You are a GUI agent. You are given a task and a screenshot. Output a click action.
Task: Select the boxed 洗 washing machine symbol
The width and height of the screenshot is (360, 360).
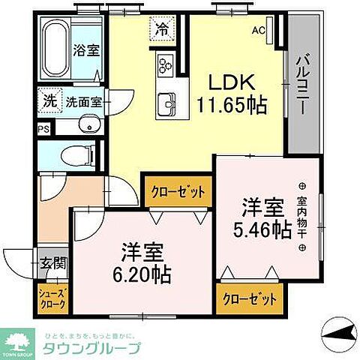(48, 98)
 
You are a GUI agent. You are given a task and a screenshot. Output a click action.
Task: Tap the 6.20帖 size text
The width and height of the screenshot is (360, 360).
(142, 274)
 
